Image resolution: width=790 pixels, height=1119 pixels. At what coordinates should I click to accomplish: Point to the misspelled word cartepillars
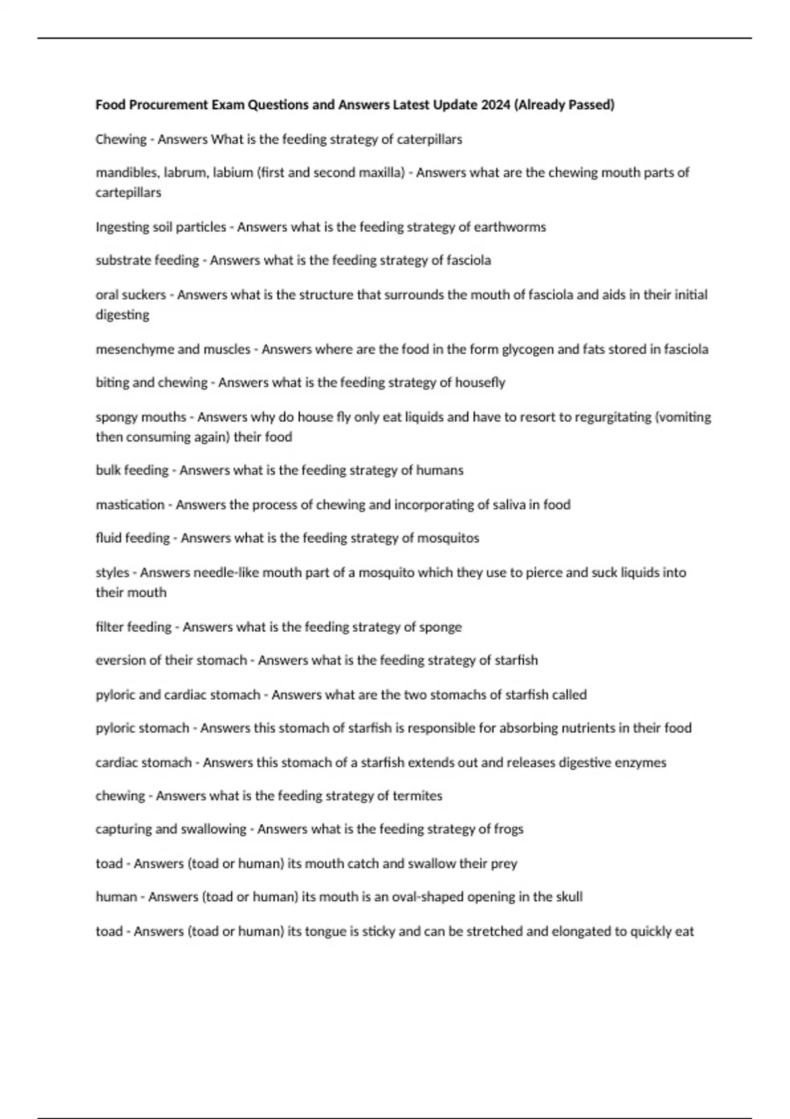coord(128,192)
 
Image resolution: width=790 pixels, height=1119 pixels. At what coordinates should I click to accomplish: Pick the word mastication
coord(130,504)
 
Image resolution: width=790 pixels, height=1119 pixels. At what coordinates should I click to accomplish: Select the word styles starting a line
coord(112,573)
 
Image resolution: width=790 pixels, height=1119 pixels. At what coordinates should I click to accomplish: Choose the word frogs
coord(508,829)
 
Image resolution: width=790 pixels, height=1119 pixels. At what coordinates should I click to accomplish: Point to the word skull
coord(568,897)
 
